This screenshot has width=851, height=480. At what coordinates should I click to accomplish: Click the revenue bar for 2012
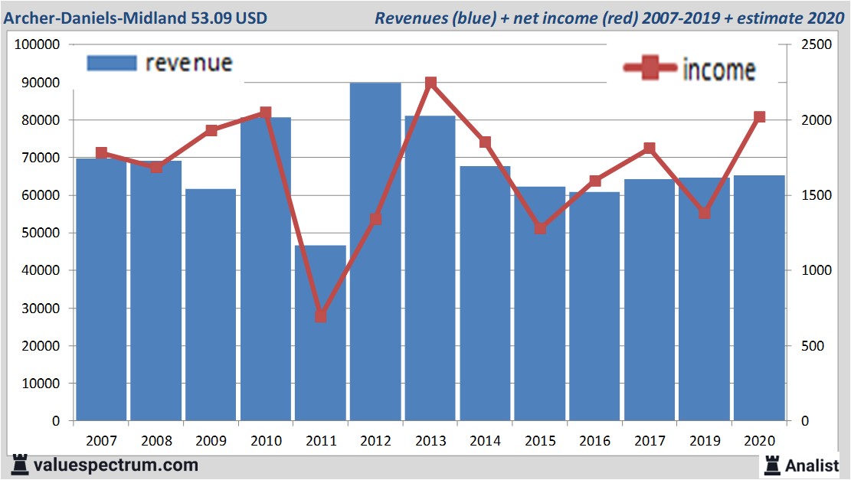[375, 253]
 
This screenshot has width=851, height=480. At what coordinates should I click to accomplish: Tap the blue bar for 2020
[759, 299]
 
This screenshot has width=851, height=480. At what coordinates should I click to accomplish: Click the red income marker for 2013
[430, 83]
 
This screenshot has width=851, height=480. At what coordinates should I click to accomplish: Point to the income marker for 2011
[321, 315]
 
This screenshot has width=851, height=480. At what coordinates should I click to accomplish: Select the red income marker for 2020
[760, 117]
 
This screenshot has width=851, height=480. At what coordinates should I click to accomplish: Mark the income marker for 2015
[540, 228]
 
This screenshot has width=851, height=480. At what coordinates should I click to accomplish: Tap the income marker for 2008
[156, 167]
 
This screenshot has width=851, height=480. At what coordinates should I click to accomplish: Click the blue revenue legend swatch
[112, 62]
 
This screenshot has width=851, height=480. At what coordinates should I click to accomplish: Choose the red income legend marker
[650, 68]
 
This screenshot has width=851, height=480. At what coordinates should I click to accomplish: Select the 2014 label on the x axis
[486, 441]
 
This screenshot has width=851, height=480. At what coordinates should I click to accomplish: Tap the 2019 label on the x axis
[705, 441]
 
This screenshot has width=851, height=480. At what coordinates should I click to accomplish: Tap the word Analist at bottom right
[812, 465]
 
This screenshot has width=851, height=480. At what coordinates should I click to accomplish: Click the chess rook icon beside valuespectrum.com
[20, 465]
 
